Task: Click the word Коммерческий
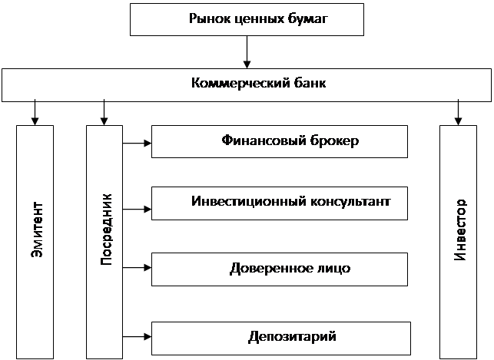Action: tap(240, 84)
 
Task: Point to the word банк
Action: tap(310, 83)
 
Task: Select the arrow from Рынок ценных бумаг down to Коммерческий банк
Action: tap(247, 52)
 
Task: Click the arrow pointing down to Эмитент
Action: tap(35, 112)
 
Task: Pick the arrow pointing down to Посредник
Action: tap(104, 112)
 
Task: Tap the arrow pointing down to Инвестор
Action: tap(458, 112)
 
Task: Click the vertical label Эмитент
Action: tap(37, 230)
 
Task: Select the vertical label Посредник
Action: tap(106, 230)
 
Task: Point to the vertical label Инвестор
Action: tap(460, 230)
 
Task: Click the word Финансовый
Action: tap(264, 140)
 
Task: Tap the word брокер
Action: tap(334, 140)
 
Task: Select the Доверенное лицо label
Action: tap(290, 269)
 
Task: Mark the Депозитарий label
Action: tap(292, 337)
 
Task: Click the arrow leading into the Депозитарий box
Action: tap(137, 337)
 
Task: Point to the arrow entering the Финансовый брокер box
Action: tap(137, 144)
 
